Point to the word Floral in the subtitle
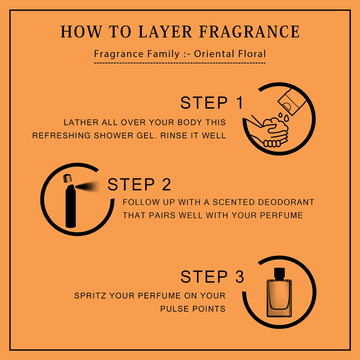(252, 54)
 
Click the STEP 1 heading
(212, 103)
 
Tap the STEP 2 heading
(139, 184)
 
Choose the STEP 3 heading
(212, 276)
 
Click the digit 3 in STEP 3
(239, 276)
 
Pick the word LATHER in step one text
(81, 122)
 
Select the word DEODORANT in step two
(286, 202)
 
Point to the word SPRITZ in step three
(90, 295)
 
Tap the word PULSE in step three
(175, 309)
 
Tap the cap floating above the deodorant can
(67, 178)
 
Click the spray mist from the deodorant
(87, 186)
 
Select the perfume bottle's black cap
(279, 274)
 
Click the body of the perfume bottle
(279, 298)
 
